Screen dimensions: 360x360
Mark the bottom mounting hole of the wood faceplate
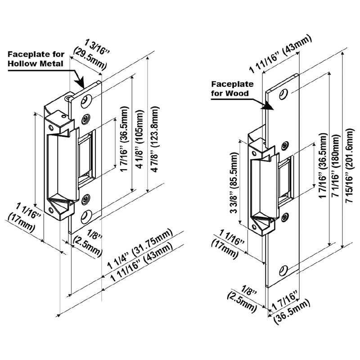pos(283,270)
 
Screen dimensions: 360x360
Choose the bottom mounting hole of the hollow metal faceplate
pos(85,216)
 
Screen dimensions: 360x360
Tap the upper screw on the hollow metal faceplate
pos(85,119)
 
